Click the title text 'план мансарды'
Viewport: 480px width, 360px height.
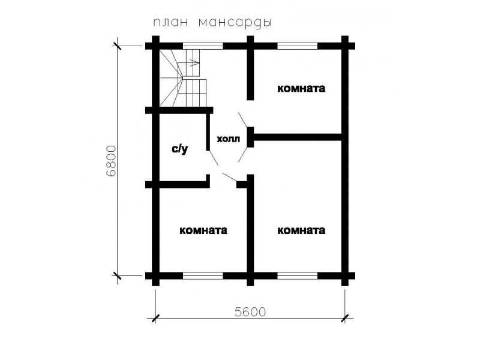click(212, 23)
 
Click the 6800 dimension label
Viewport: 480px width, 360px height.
click(112, 161)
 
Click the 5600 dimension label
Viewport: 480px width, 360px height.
click(250, 312)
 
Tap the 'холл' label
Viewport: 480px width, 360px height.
click(229, 139)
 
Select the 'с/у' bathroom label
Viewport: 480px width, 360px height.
click(179, 149)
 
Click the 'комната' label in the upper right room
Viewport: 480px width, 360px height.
click(301, 88)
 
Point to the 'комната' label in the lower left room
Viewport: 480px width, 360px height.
click(203, 230)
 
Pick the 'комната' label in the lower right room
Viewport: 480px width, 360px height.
click(301, 230)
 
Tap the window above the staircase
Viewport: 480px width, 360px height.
click(203, 46)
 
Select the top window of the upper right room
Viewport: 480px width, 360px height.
click(298, 46)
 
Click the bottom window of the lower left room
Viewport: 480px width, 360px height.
click(203, 275)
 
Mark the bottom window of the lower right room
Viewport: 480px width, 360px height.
click(298, 275)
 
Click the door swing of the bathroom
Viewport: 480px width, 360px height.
click(213, 157)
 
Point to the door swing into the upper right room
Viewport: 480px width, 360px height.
click(243, 119)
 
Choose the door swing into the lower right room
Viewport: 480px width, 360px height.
click(243, 155)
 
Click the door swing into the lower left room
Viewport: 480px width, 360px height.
click(229, 176)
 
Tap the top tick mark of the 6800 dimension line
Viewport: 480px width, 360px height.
click(117, 46)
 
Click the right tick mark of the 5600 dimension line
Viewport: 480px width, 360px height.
click(345, 319)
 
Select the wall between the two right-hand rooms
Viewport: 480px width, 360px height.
click(298, 137)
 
